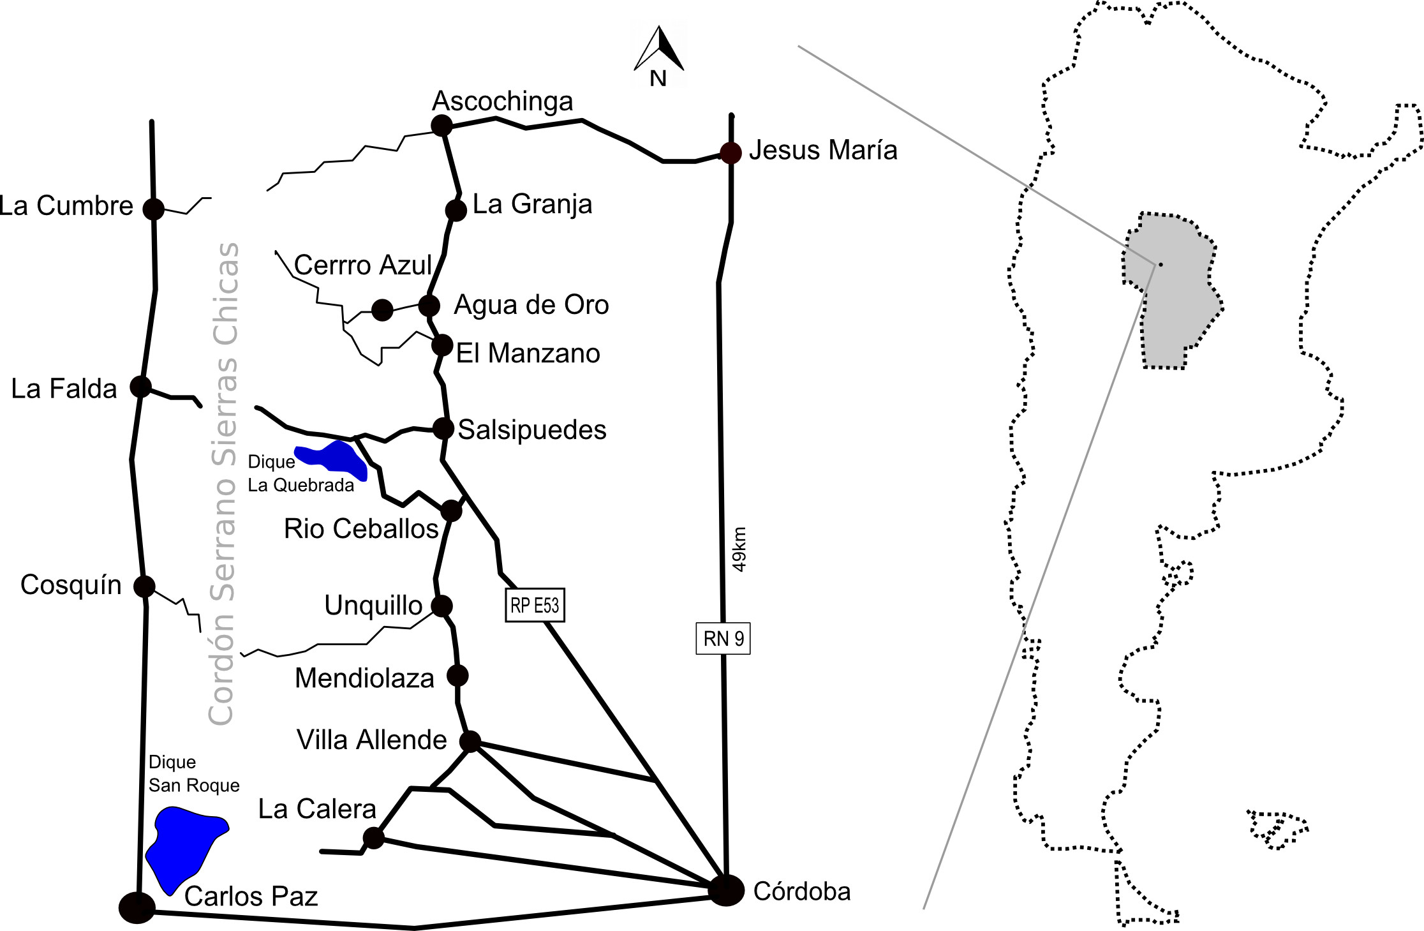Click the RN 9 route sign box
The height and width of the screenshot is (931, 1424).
(723, 638)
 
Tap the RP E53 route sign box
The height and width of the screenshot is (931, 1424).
(535, 605)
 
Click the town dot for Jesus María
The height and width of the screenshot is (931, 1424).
(731, 153)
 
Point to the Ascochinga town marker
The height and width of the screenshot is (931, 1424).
(441, 125)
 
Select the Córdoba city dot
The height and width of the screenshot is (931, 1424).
(726, 890)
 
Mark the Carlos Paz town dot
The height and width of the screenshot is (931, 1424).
(137, 907)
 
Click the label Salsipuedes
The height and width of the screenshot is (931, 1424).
(532, 430)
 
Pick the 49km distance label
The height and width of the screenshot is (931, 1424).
(739, 549)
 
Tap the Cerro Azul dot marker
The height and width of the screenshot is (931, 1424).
(382, 310)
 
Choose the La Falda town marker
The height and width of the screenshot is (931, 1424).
(140, 386)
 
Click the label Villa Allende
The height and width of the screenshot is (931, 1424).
(372, 740)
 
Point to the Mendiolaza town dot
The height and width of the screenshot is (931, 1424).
(457, 675)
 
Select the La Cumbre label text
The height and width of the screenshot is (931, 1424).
(66, 206)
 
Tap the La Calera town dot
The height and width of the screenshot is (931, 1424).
(373, 838)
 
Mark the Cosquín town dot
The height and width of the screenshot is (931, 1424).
(144, 586)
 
